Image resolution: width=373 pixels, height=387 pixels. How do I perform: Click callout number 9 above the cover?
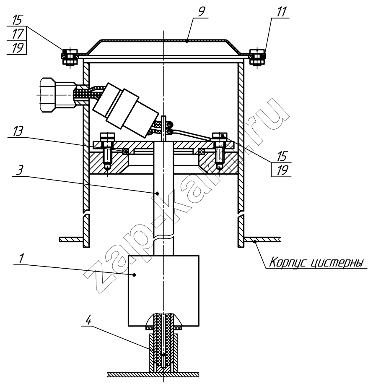202,12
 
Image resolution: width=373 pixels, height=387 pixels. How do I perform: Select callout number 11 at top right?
282,12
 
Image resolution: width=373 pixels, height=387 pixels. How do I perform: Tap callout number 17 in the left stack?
18,34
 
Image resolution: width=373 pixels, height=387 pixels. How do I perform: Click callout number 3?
20,170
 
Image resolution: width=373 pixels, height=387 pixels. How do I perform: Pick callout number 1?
21,259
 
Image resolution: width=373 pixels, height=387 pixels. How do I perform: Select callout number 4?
88,320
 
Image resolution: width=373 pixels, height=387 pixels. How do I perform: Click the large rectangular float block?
163,290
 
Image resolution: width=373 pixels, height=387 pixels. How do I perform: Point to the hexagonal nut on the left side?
57,95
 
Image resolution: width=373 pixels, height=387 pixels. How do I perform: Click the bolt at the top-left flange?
70,57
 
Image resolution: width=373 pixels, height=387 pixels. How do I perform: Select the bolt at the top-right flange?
257,57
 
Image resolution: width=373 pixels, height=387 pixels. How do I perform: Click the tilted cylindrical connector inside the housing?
125,109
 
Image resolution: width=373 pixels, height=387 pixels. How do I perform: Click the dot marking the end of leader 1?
134,275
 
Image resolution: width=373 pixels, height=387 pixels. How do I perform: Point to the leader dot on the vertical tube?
158,193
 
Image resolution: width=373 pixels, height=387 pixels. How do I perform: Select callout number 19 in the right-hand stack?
282,170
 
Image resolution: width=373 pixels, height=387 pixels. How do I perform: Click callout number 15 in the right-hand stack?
282,156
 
